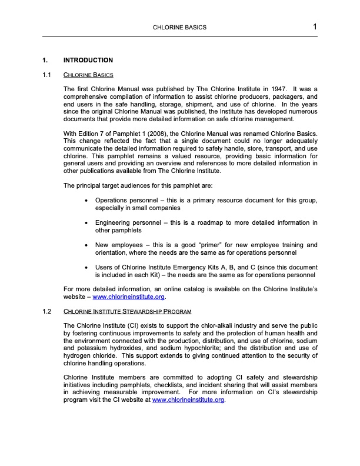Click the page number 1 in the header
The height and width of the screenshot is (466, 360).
[x=315, y=26]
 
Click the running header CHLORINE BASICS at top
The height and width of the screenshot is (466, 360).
[x=179, y=28]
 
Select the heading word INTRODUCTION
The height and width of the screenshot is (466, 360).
[x=88, y=61]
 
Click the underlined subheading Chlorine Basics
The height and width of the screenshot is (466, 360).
[x=88, y=75]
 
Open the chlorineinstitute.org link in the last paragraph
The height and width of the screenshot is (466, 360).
[x=188, y=400]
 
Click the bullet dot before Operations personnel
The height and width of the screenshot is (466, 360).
[x=87, y=201]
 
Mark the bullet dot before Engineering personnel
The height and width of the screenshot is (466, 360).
[x=87, y=223]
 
